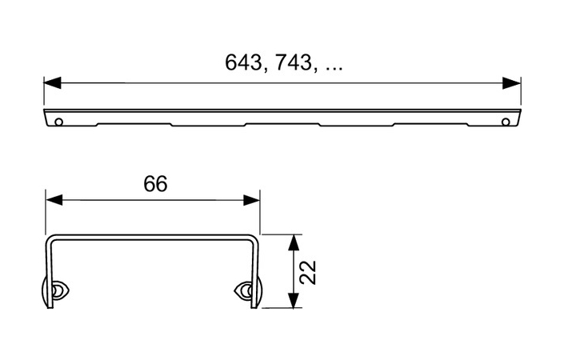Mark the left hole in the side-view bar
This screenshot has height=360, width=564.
[x=58, y=121]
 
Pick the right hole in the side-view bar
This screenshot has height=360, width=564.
[x=505, y=121]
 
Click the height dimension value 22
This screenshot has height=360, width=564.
[x=310, y=272]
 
